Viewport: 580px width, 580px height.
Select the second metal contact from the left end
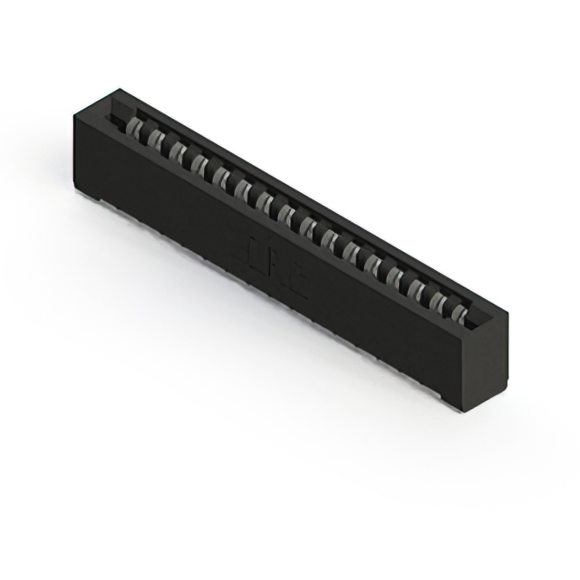coord(157,139)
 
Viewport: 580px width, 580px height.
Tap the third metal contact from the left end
coord(179,150)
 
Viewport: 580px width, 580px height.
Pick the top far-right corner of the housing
coord(507,313)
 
